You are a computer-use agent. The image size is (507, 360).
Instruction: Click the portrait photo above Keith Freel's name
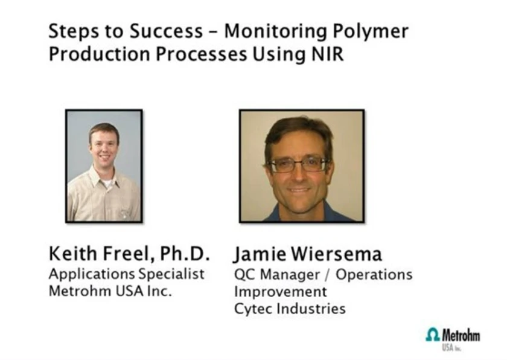pyautogui.click(x=104, y=166)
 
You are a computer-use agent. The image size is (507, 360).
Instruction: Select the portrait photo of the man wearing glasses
pyautogui.click(x=302, y=166)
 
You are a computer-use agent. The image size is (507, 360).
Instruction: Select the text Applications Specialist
pyautogui.click(x=127, y=274)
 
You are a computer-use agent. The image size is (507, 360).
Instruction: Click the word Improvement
pyautogui.click(x=280, y=292)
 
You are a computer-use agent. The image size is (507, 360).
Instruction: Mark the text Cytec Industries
pyautogui.click(x=290, y=309)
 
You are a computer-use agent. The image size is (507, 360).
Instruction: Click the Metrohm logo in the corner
pyautogui.click(x=453, y=336)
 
